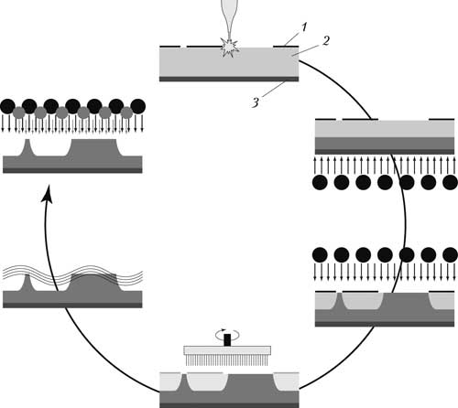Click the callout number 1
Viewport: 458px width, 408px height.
pos(303,27)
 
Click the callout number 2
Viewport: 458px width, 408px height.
pos(326,41)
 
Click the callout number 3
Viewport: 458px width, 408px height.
pos(256,102)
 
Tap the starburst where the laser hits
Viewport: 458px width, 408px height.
pos(229,48)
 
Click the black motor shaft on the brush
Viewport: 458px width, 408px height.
pos(227,340)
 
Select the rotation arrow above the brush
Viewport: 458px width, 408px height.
pos(227,335)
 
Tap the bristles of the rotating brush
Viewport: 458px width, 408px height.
pos(227,360)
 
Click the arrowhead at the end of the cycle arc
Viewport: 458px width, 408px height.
pos(47,193)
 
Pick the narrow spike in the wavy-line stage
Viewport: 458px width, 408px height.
pos(27,283)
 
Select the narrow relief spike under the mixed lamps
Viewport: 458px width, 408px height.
pos(27,147)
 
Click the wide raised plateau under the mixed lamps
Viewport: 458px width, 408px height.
pos(93,147)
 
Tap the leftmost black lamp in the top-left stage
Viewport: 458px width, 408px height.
pos(7,106)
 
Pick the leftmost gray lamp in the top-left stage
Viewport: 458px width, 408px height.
pos(19,113)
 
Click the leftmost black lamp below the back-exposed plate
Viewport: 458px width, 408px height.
pos(320,183)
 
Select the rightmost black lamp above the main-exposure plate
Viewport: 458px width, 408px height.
pos(450,255)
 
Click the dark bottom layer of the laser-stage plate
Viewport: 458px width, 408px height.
pos(229,80)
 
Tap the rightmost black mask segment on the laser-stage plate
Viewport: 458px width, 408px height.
pos(286,47)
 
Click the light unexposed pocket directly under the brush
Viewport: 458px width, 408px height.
pos(207,381)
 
